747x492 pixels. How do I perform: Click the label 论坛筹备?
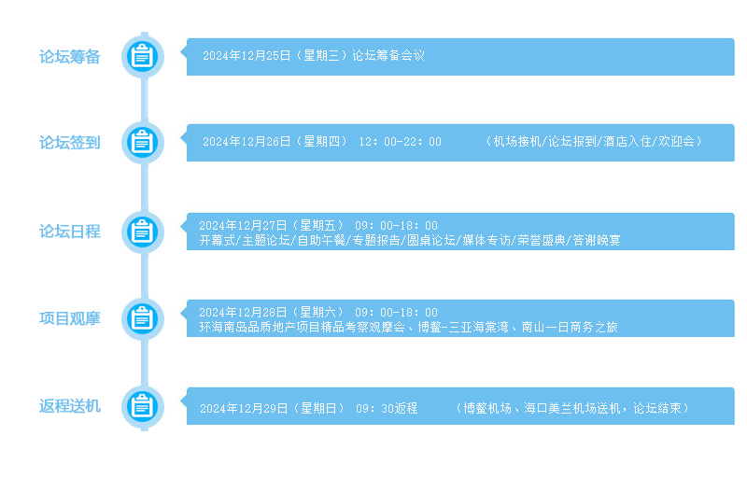pos(69,57)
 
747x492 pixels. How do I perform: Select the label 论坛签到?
pos(69,143)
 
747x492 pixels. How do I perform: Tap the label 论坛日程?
pos(69,232)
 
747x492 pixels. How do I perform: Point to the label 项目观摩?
pos(69,318)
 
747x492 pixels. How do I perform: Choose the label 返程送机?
pos(69,406)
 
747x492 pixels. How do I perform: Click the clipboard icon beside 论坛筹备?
pos(143,57)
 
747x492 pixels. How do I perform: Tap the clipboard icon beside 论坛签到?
pos(143,143)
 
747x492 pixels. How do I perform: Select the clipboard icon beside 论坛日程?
pos(143,232)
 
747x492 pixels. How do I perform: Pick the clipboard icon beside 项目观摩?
pos(143,318)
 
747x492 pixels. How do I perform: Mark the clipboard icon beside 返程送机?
pos(143,407)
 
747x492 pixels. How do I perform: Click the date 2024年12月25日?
pos(247,56)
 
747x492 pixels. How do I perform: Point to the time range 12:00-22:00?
pos(401,142)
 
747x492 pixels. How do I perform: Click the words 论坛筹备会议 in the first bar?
pos(388,56)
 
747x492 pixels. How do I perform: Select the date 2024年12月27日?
pos(243,225)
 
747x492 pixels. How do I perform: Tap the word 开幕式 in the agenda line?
pos(218,240)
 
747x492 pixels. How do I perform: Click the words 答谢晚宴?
pos(597,240)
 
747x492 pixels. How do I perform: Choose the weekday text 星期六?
pos(318,313)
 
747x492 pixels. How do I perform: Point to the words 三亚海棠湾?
pos(478,327)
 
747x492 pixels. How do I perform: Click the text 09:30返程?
pos(387,408)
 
